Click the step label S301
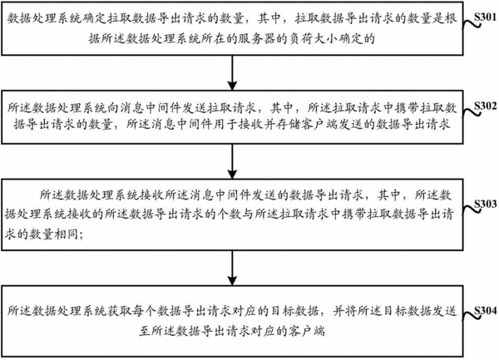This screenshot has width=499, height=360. (485, 17)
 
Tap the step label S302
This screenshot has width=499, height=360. (485, 106)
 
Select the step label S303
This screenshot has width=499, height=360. (485, 204)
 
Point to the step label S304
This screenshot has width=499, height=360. (485, 311)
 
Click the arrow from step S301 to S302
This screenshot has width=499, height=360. (232, 73)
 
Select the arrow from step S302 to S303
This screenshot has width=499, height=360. (232, 161)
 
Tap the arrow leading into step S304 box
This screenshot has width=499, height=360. (232, 268)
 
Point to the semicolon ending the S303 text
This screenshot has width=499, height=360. (82, 235)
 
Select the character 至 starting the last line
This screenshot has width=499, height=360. (145, 331)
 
